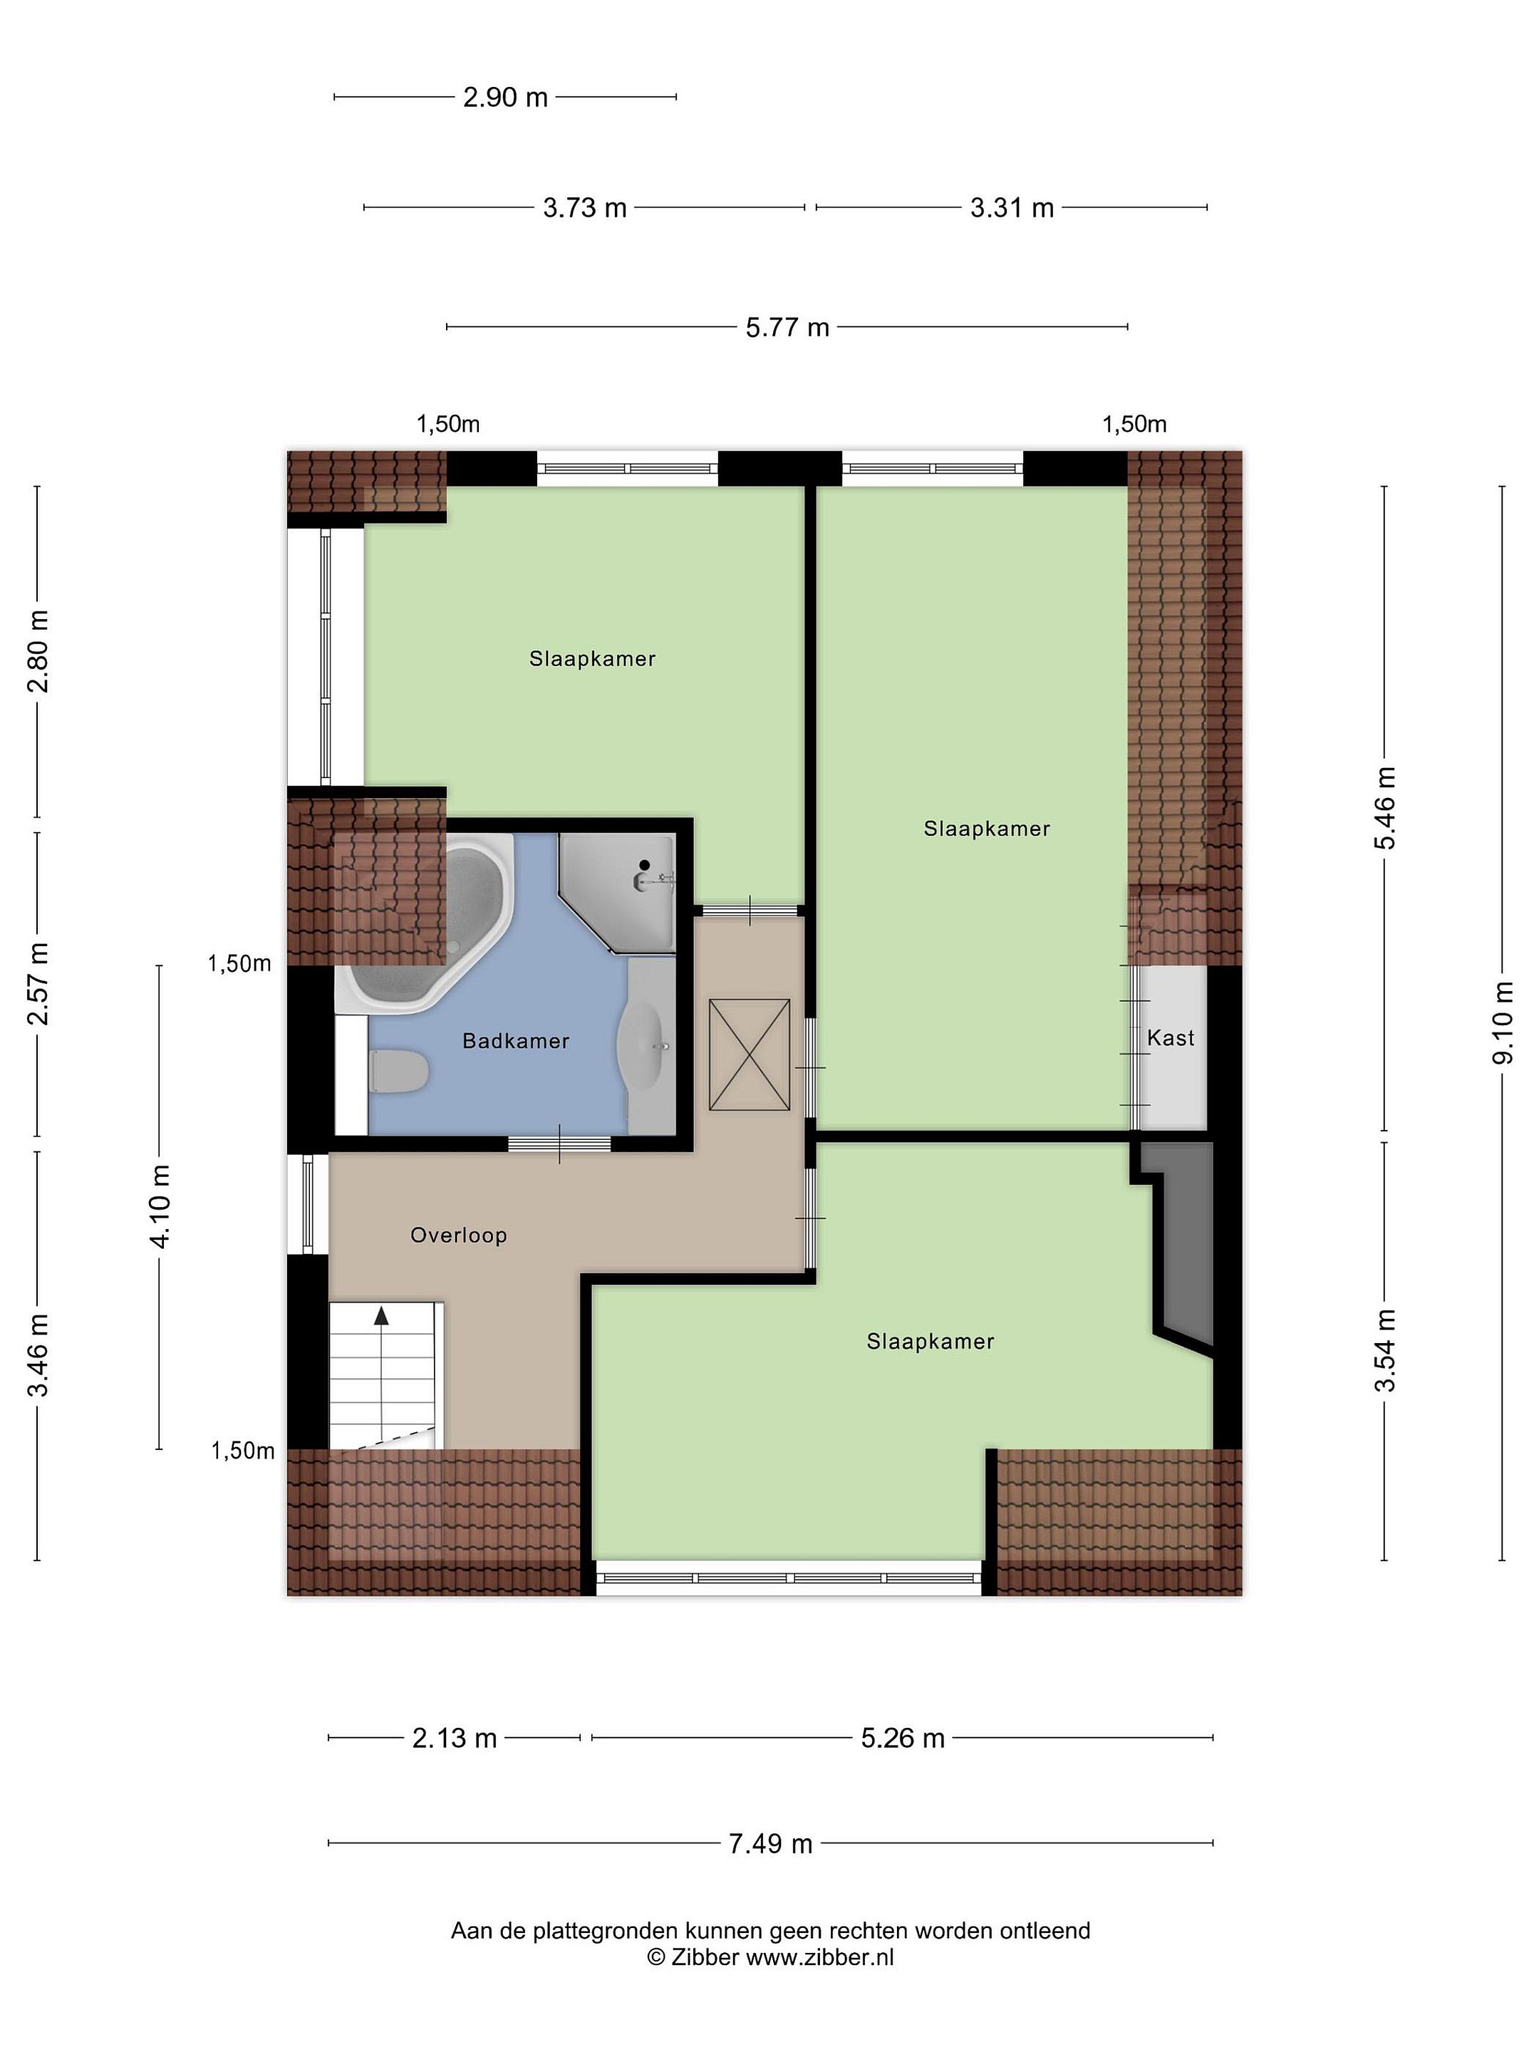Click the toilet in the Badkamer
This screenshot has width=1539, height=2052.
[x=398, y=1070]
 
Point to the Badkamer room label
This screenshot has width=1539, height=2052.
[x=516, y=1041]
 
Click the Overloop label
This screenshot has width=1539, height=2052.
[x=458, y=1235]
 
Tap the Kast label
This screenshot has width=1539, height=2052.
[x=1171, y=1038]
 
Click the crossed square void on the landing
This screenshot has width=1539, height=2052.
[x=750, y=1054]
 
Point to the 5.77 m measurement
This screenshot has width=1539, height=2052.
[x=787, y=328]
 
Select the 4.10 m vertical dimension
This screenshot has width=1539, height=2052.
[x=160, y=1207]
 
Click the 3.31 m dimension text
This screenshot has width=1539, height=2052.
[x=1012, y=208]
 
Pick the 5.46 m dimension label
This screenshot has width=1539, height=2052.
[x=1385, y=807]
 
